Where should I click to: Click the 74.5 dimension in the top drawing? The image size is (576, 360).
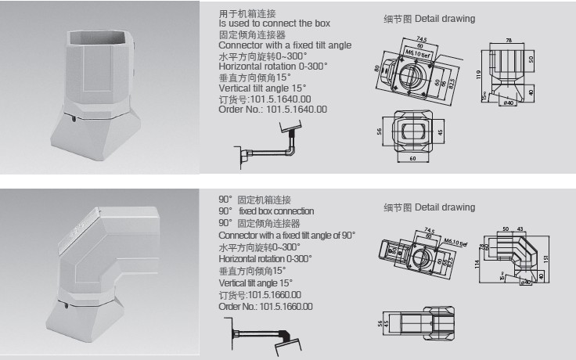click(x=422, y=38)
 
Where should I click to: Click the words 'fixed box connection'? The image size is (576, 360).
click(x=276, y=211)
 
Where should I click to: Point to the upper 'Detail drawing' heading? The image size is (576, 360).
click(x=444, y=18)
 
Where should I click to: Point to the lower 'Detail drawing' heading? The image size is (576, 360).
click(x=444, y=207)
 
